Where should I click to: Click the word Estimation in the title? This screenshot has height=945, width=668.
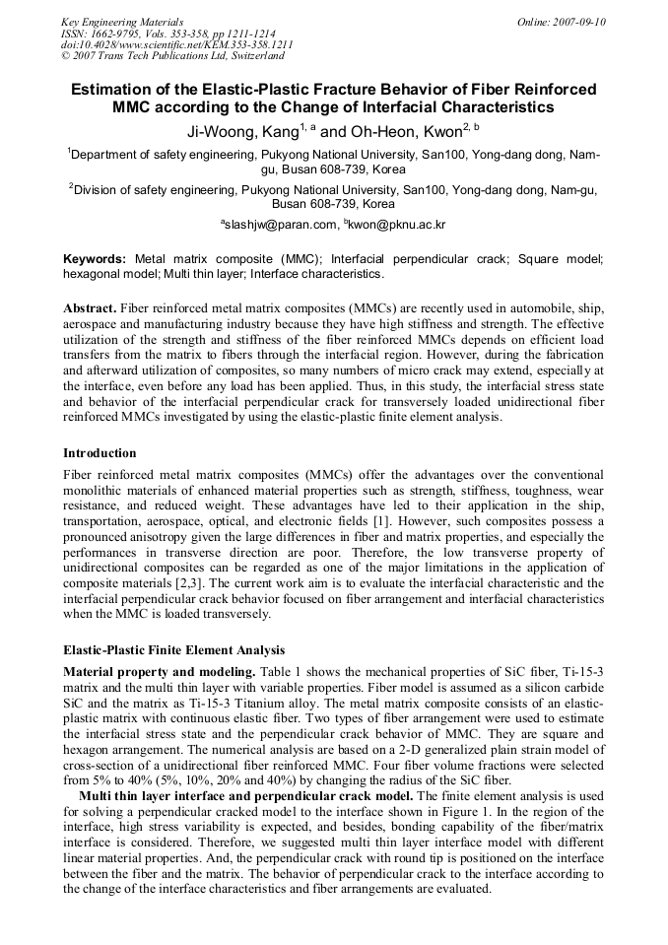click(x=113, y=89)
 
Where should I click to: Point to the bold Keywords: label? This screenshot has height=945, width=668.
click(x=95, y=258)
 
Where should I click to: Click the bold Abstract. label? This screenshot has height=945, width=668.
click(x=91, y=307)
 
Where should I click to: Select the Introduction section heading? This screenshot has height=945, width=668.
click(x=100, y=453)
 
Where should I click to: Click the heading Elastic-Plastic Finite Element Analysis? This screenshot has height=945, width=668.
click(x=173, y=650)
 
